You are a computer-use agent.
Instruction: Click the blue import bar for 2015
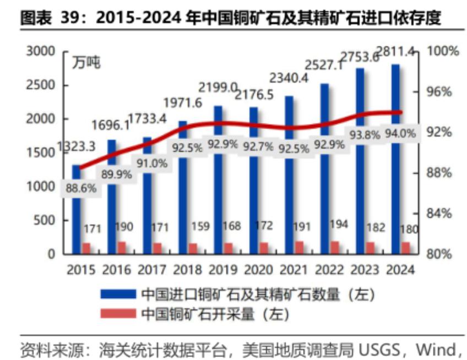click(x=76, y=209)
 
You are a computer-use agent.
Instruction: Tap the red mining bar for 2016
click(x=121, y=248)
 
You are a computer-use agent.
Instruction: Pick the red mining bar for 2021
click(x=299, y=248)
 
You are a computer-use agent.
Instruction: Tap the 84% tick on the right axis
click(x=439, y=214)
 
